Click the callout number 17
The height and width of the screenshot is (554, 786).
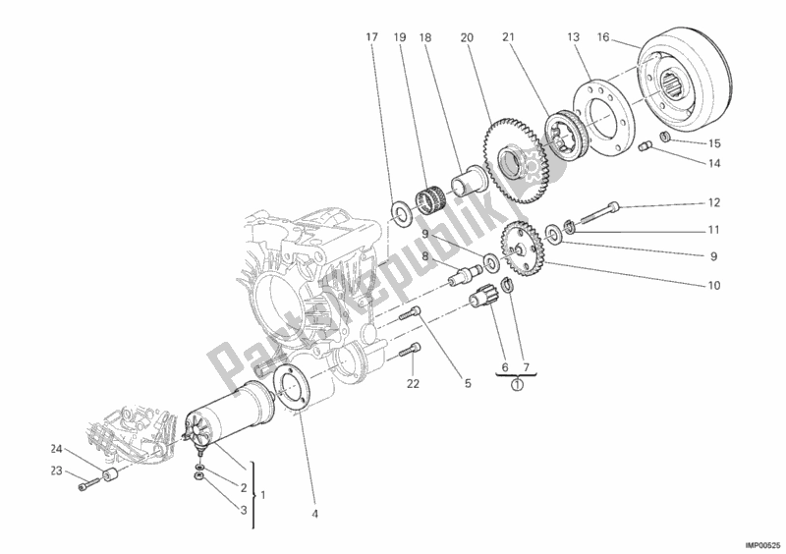point(371,37)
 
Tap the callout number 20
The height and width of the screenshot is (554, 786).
point(467,37)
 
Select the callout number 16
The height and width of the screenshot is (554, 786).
point(603,37)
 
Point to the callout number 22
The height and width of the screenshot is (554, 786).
point(413,383)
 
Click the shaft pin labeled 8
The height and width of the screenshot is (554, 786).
point(459,278)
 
